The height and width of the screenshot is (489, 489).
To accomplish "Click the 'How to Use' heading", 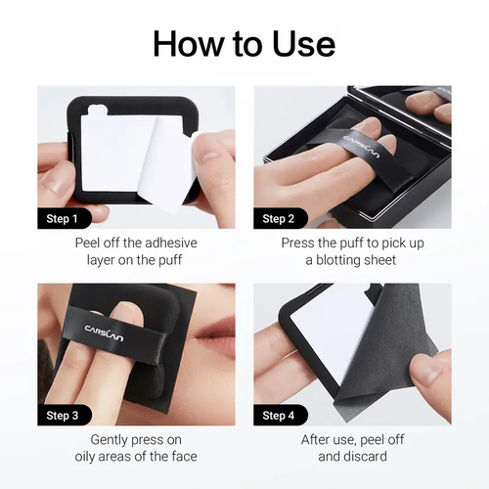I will pyautogui.click(x=244, y=43).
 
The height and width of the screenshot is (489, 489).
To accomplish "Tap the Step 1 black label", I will pyautogui.click(x=65, y=217).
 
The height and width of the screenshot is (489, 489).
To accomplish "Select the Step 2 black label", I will pyautogui.click(x=280, y=217).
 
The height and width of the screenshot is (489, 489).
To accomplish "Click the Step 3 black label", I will pyautogui.click(x=65, y=415).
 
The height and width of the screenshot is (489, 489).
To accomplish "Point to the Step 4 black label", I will pyautogui.click(x=280, y=415).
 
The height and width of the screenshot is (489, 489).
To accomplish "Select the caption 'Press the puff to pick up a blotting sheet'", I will pyautogui.click(x=352, y=250).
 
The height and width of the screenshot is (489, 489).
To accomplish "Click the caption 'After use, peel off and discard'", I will pyautogui.click(x=352, y=448).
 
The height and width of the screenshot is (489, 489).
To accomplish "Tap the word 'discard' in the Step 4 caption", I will pyautogui.click(x=365, y=457).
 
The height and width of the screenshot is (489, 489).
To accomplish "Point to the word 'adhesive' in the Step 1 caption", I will pyautogui.click(x=154, y=242).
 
